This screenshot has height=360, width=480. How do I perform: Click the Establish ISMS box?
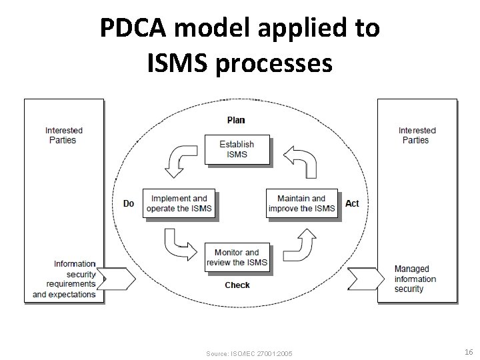click(x=237, y=149)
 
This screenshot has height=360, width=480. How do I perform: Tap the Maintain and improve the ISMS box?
click(x=302, y=203)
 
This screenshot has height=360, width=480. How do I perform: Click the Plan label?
click(x=236, y=120)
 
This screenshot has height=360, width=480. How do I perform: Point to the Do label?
click(x=129, y=203)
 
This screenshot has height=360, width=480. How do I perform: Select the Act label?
click(x=352, y=203)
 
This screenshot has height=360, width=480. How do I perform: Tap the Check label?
click(x=237, y=285)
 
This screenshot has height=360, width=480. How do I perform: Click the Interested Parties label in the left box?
click(x=64, y=135)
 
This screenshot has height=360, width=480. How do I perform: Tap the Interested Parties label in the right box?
click(x=417, y=135)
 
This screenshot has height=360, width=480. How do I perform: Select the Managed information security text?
click(x=415, y=279)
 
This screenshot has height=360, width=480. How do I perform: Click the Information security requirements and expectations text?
click(x=65, y=279)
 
